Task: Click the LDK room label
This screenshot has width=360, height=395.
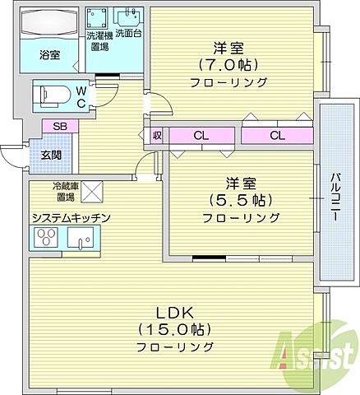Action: (175, 313)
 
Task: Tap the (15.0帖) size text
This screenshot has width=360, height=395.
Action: (175, 329)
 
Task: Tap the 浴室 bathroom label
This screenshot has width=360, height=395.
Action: (49, 55)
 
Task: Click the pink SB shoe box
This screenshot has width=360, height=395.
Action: (60, 127)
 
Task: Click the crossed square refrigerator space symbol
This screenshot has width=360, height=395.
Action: (91, 193)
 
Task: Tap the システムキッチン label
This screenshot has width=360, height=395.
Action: (71, 217)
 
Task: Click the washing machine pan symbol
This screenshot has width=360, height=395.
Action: (99, 18)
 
